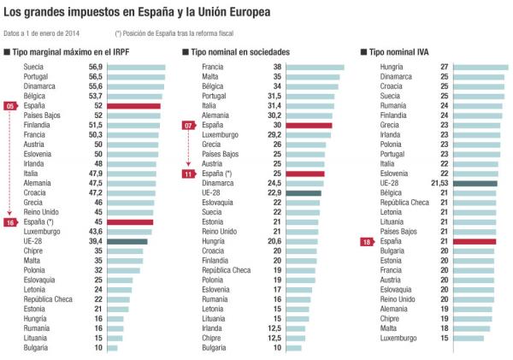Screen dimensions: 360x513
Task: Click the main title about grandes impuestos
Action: click(150, 13)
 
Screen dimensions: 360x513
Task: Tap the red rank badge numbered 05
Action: click(11, 105)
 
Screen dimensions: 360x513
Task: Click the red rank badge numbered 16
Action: click(11, 222)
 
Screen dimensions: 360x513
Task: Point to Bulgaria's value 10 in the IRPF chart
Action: click(97, 348)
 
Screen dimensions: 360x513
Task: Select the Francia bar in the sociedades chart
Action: click(316, 67)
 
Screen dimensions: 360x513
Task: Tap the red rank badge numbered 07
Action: click(190, 125)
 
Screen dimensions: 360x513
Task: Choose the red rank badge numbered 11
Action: click(190, 174)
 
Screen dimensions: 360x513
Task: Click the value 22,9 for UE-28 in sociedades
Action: click(274, 193)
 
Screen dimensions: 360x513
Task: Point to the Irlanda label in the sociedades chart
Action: click(215, 328)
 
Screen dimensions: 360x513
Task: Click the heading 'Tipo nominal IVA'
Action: click(403, 52)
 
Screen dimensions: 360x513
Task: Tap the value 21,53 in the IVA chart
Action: click(439, 183)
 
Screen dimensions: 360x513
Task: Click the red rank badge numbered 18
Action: click(366, 242)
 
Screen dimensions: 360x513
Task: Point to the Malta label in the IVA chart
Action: click(389, 328)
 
